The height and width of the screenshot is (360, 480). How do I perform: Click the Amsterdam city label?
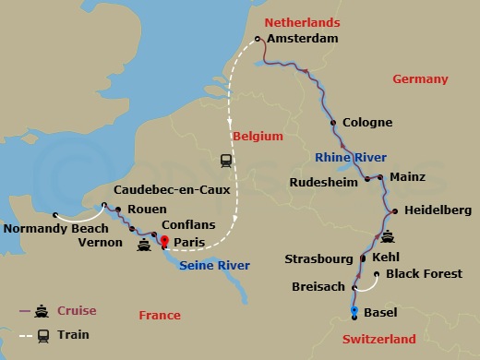302,38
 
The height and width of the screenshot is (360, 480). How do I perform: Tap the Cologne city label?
367,122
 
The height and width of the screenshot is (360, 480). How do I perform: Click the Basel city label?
382,312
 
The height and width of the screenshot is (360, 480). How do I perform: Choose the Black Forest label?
424,274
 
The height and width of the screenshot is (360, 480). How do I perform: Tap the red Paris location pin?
164,243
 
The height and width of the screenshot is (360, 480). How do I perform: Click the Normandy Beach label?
50,228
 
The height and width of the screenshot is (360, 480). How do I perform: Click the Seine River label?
215,267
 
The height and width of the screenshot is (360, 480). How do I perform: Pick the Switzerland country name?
379,339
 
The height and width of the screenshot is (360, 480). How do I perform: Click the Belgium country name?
258,136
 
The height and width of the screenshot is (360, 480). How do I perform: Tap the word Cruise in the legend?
77,310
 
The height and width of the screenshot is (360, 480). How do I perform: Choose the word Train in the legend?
74,334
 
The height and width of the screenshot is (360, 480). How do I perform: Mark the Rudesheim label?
323,182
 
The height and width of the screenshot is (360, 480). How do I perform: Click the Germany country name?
420,78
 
